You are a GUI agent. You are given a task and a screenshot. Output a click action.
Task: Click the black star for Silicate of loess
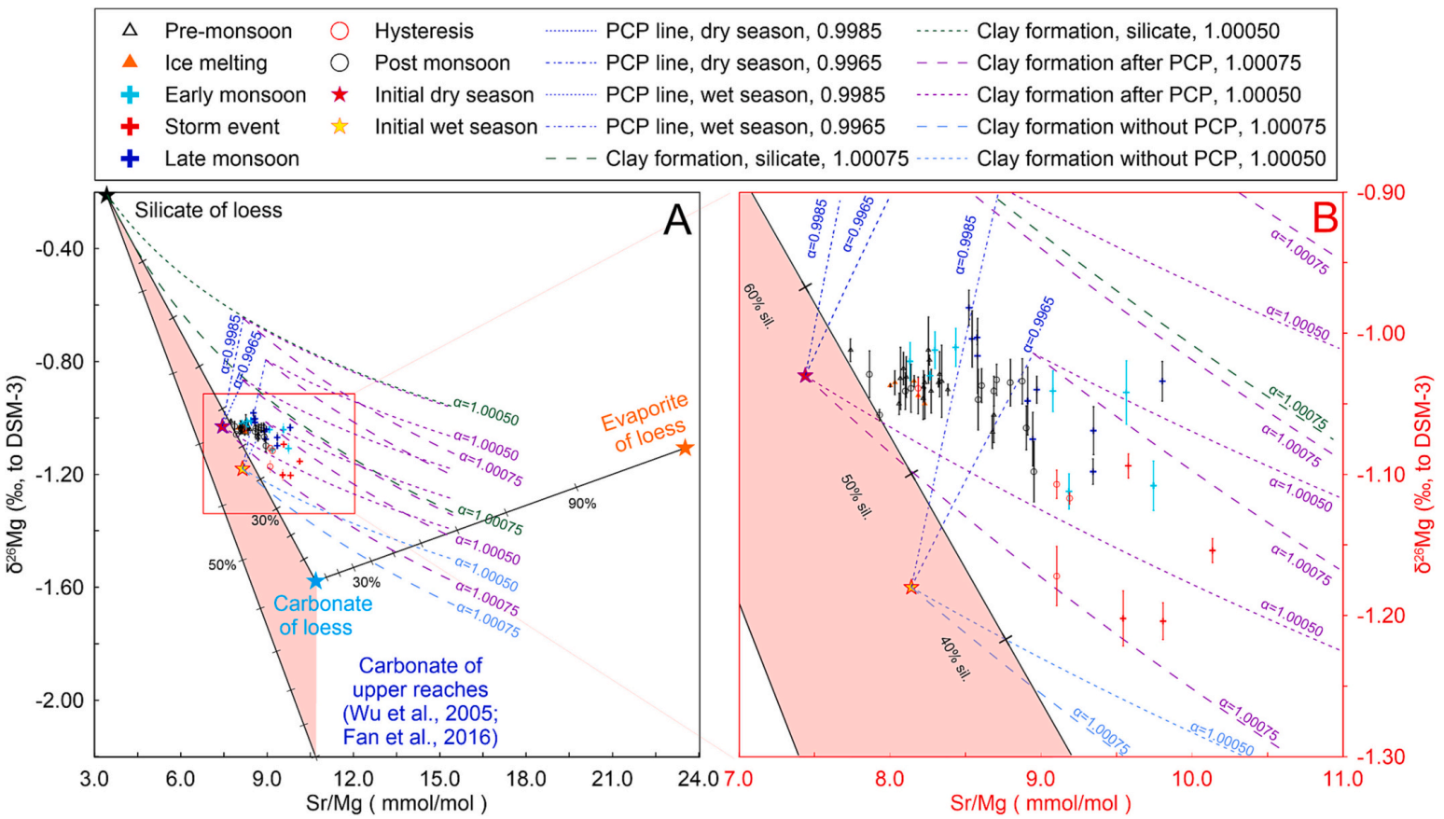coord(106,195)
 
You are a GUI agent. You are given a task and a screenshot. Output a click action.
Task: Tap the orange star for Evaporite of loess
coord(685,448)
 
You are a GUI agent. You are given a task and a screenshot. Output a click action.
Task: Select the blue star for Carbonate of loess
coord(315,581)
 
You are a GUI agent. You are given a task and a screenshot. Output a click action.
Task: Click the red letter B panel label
coord(1325,217)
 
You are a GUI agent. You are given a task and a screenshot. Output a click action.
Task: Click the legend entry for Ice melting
coord(215,62)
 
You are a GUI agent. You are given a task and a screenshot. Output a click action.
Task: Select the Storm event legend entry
coord(222,127)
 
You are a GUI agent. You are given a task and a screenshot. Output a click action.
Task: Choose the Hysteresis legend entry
coord(423,31)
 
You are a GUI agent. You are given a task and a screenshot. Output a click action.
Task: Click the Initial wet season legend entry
coord(455,127)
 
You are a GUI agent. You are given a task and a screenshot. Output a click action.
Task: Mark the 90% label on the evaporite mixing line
coord(582,504)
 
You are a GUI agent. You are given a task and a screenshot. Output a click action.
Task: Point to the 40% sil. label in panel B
coord(953,659)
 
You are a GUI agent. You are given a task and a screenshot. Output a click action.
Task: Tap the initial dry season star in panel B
coord(806,376)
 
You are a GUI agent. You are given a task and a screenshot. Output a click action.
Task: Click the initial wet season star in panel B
coord(911,588)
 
